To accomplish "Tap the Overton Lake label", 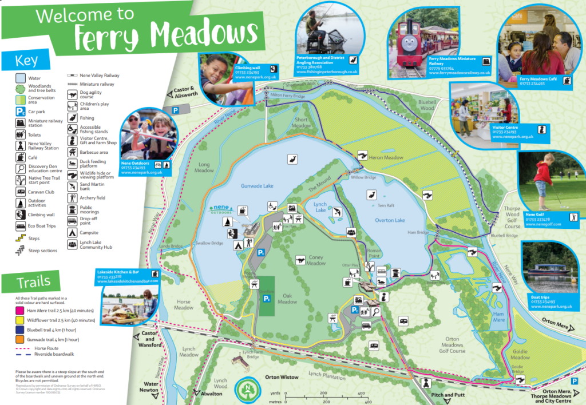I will point(390,220).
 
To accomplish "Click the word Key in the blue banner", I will point(28,60).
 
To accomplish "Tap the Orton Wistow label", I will point(282,378).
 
